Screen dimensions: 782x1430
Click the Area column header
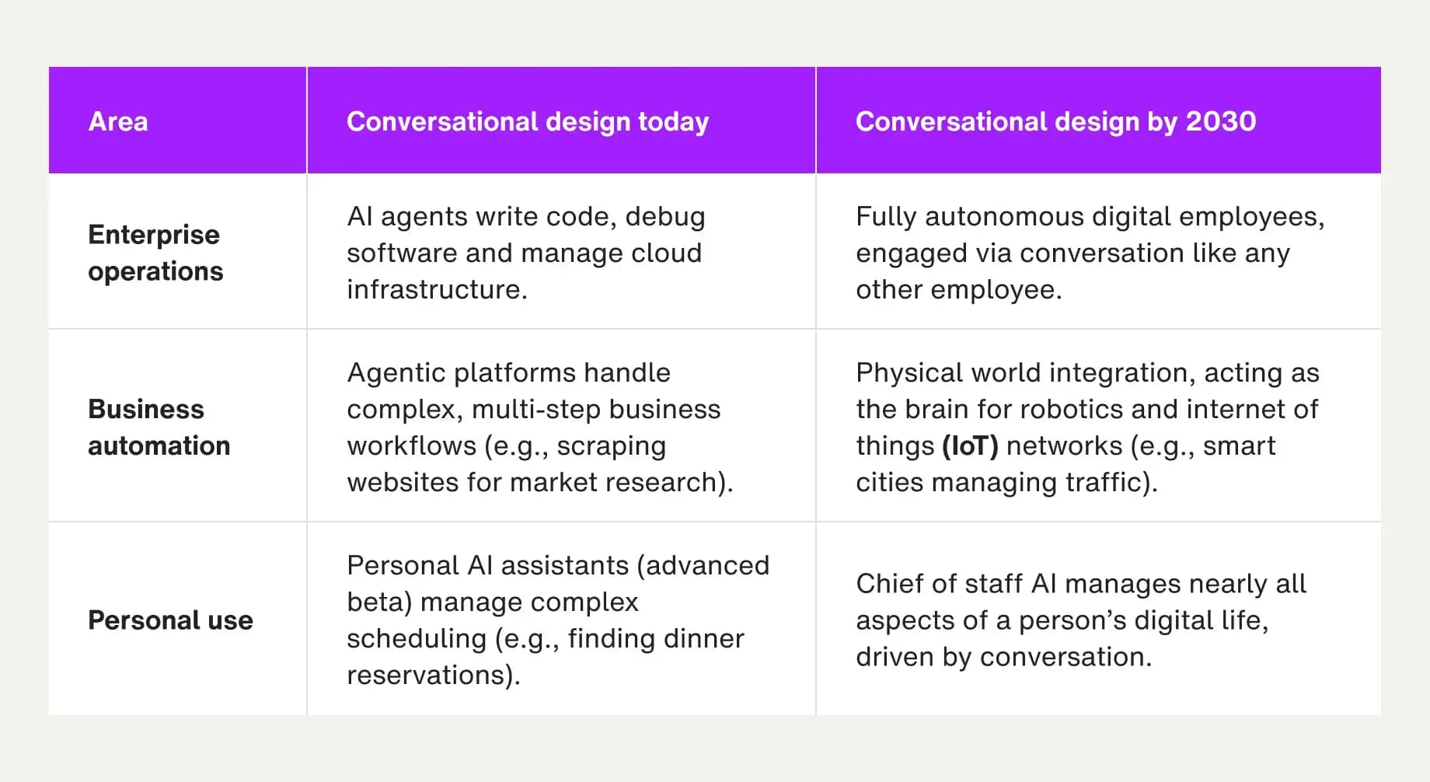[118, 121]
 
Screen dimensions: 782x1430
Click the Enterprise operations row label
[155, 253]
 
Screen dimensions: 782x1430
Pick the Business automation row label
[159, 428]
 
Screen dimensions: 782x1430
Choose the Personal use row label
[170, 620]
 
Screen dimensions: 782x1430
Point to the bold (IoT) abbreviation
[970, 446]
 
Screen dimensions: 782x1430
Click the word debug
[665, 217]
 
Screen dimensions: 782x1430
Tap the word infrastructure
[435, 290]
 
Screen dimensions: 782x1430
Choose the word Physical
[909, 373]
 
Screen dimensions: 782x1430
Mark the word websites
[403, 483]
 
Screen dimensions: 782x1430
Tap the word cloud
[667, 253]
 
